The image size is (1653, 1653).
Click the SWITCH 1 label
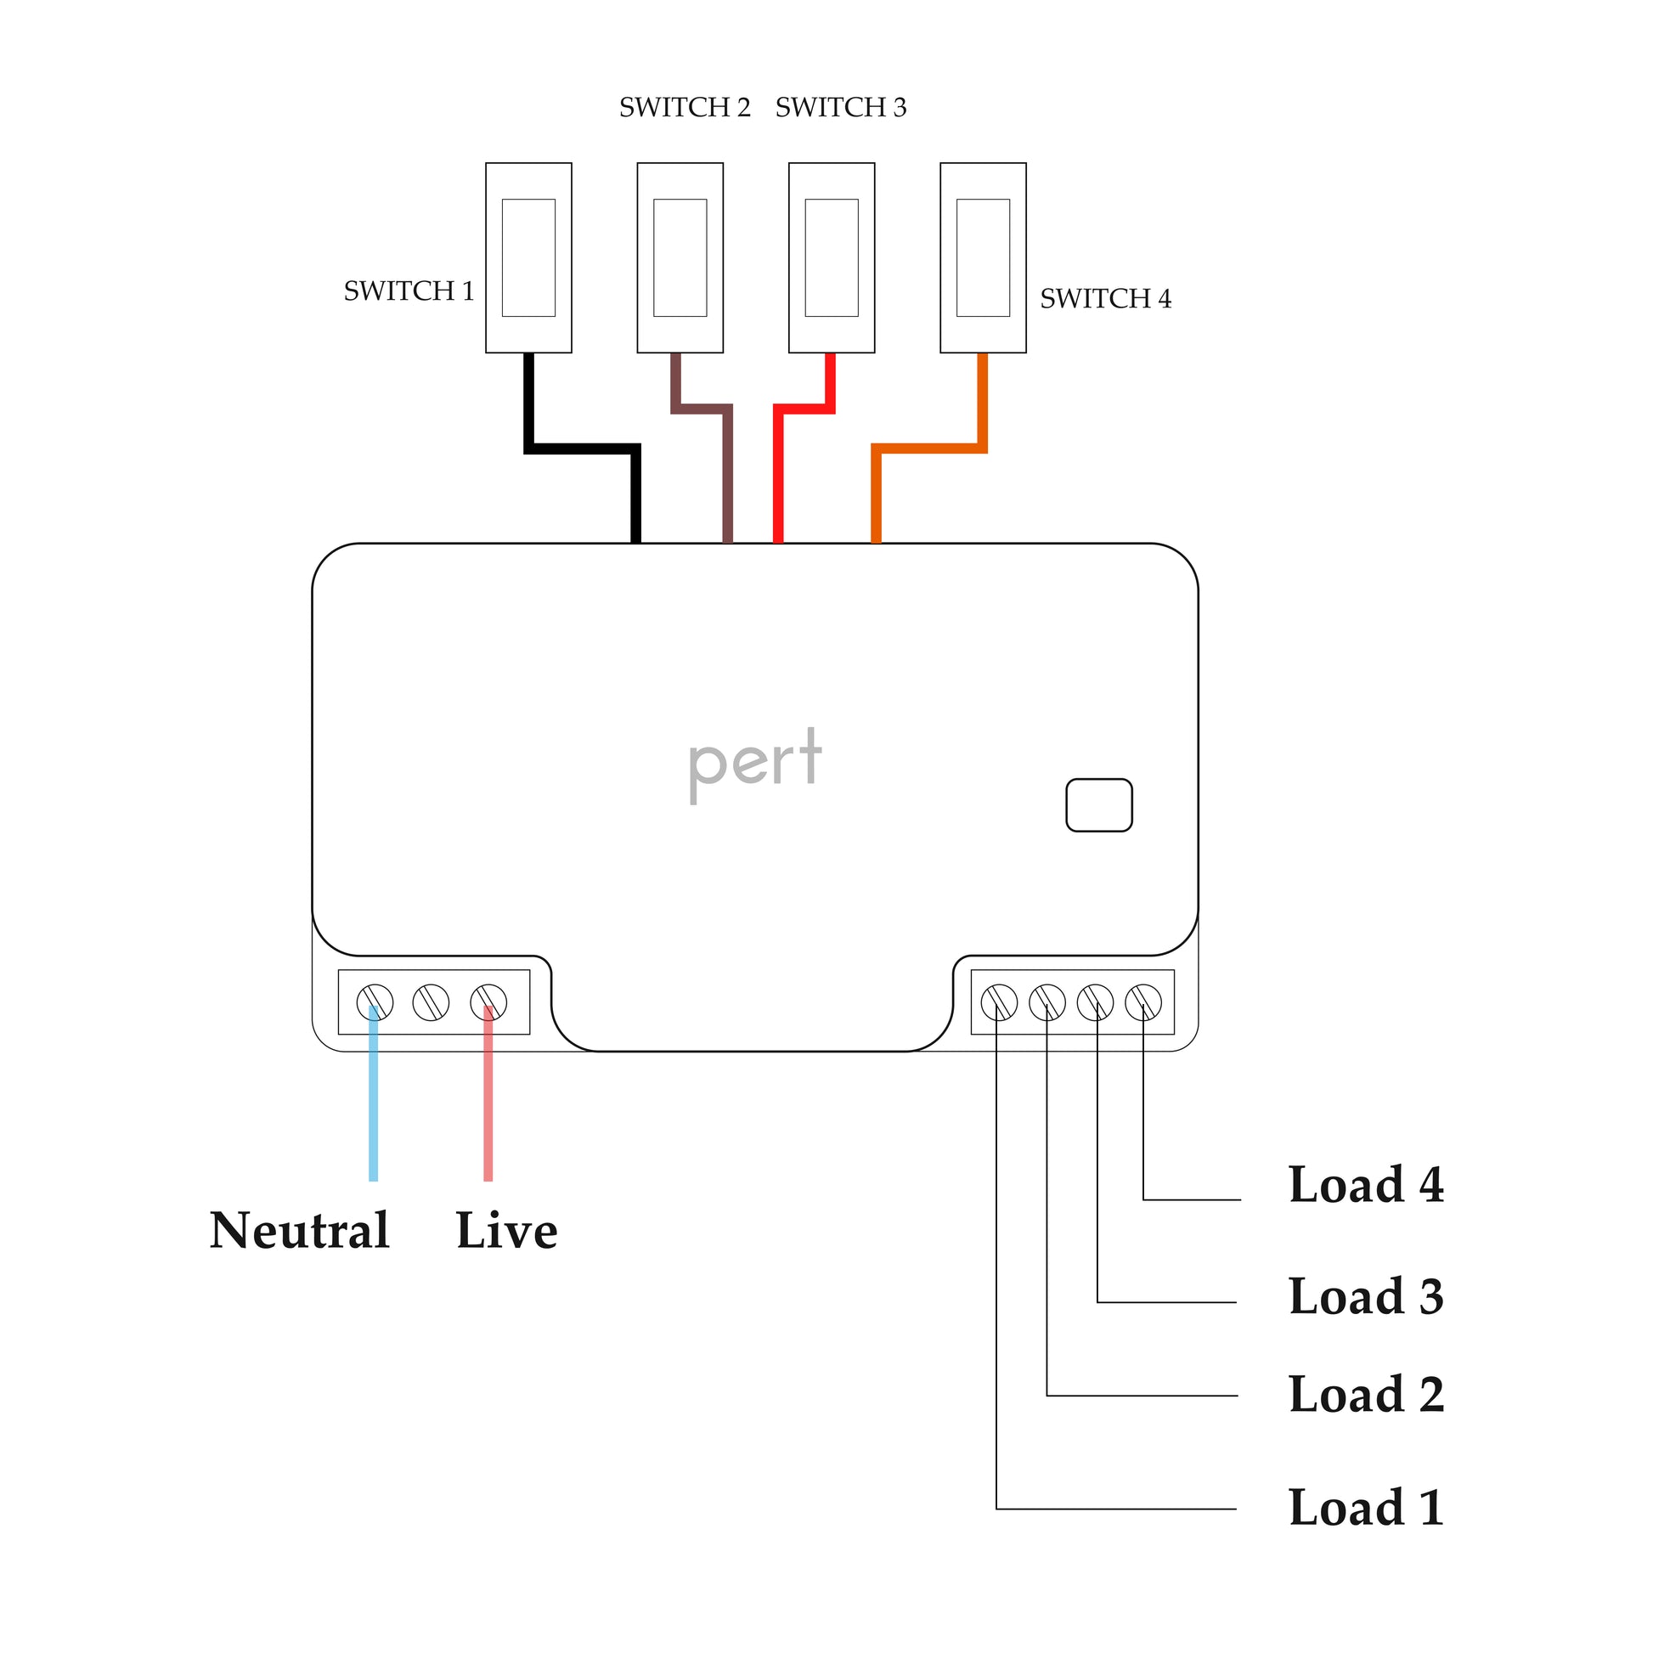tap(409, 291)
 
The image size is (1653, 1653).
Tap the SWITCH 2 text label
tap(685, 108)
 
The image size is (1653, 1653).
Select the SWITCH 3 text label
tap(840, 108)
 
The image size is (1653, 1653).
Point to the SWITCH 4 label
tap(1104, 299)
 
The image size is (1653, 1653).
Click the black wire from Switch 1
tap(582, 449)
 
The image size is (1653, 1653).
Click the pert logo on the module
tap(754, 761)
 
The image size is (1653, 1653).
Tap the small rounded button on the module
tap(1098, 805)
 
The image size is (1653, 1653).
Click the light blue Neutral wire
tap(373, 1103)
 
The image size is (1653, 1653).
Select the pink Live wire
tap(488, 1103)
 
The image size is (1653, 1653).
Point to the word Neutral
tap(300, 1230)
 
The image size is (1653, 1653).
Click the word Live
tap(506, 1230)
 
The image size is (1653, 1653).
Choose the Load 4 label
tap(1366, 1185)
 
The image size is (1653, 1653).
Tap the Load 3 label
tap(1366, 1296)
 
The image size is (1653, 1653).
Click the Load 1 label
tap(1366, 1508)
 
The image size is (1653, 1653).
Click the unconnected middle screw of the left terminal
tap(431, 1001)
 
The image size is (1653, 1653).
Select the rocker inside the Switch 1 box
tap(527, 257)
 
